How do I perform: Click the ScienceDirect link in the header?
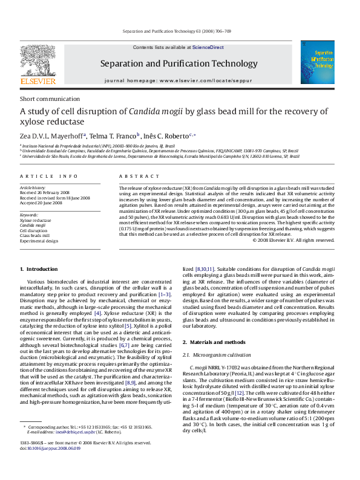(x=208, y=47)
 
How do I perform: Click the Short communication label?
(x=45, y=99)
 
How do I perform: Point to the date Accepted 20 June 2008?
(x=45, y=203)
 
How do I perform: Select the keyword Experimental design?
(x=39, y=241)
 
